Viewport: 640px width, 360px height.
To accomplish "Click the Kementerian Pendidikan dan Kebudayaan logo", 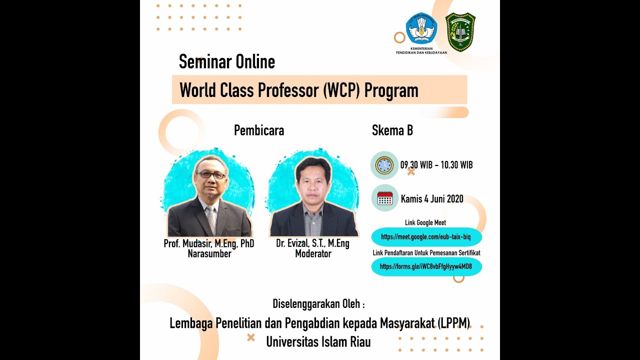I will coord(421,29).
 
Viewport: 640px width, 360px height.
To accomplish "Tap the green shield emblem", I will coord(460,32).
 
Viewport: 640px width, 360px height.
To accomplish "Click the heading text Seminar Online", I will coord(227,61).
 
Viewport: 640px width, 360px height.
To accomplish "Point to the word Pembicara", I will coord(259,130).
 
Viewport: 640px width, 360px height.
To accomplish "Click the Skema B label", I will coord(392,130).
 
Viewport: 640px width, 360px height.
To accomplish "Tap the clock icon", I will coord(384,165).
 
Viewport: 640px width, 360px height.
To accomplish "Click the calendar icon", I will coord(384,198).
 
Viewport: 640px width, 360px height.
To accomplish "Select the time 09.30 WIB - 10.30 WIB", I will coord(436,165).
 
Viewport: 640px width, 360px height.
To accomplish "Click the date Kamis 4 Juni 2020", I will coord(432,199).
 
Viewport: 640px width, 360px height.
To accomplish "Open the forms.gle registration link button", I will coord(426,266).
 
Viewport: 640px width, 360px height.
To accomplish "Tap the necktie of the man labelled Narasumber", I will coord(211,218).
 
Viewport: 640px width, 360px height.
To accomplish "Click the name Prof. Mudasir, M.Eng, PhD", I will coord(209,244).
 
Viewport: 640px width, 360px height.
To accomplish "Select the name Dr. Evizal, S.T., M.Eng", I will coord(313,244).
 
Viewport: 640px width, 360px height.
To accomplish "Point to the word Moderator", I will coord(313,254).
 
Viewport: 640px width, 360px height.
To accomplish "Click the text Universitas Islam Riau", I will coord(318,342).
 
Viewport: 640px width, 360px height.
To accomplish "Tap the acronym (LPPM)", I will coord(454,323).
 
